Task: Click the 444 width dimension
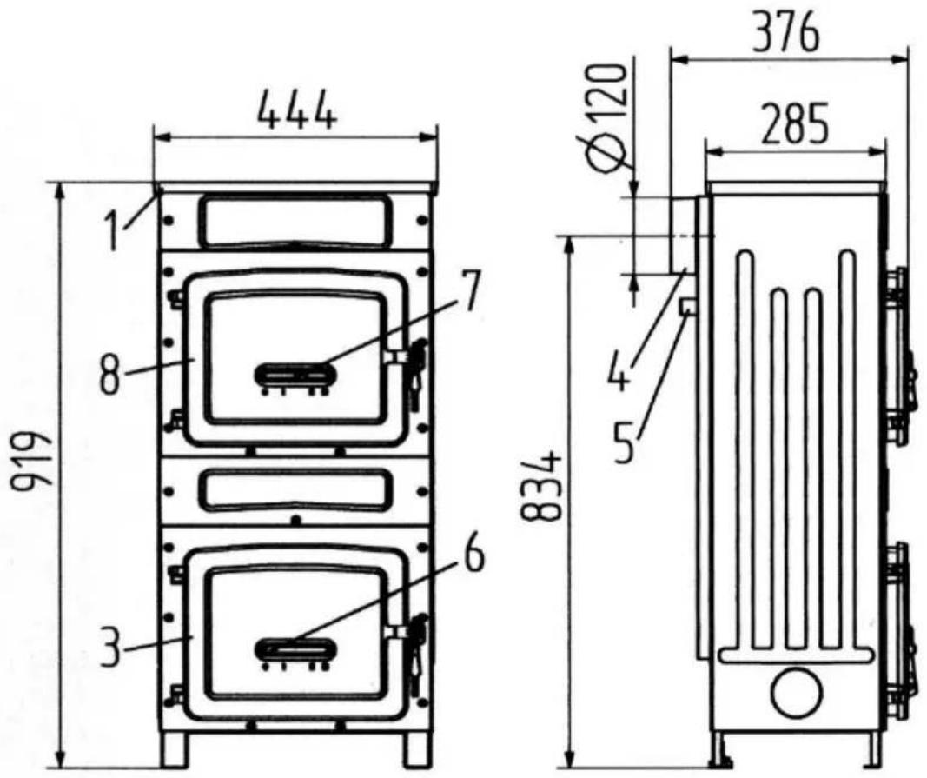[297, 110]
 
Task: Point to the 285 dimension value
[795, 124]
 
